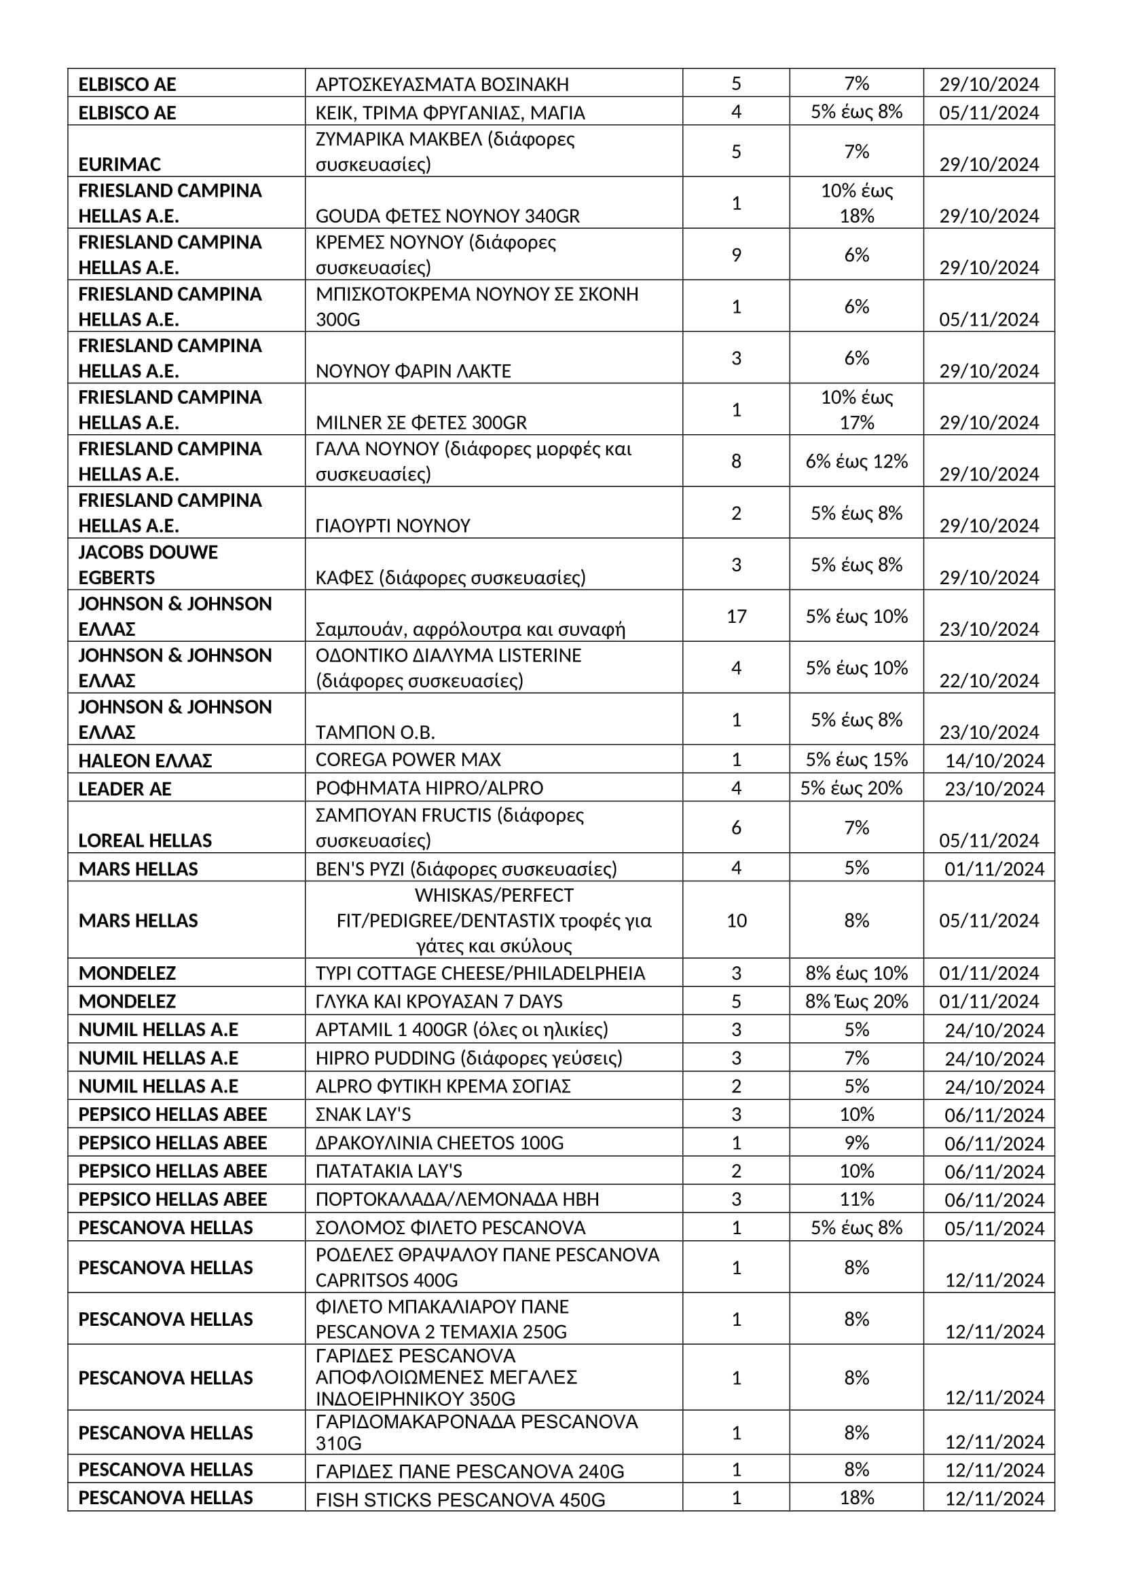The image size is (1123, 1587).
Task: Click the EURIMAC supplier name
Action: [x=119, y=164]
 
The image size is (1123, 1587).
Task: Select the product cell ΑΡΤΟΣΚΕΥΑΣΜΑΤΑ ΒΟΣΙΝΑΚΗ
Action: [x=442, y=84]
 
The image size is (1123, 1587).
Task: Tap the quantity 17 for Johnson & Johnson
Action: [x=736, y=616]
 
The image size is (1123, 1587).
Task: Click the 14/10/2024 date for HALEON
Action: [x=995, y=761]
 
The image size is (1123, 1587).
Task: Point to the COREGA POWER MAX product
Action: [x=408, y=760]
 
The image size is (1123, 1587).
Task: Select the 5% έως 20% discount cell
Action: [x=851, y=788]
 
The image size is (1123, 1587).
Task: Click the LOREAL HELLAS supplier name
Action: [x=145, y=841]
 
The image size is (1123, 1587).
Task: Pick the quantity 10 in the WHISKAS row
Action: [x=736, y=920]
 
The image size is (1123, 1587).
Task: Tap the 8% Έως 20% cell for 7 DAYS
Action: [x=856, y=1001]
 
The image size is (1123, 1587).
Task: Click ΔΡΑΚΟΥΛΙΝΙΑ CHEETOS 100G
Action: [x=439, y=1143]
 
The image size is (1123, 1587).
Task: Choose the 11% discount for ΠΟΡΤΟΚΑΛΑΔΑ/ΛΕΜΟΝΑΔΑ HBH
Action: [x=856, y=1198]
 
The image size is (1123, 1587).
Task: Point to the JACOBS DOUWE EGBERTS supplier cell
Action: [x=148, y=565]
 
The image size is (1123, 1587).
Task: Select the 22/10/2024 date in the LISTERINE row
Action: [x=989, y=681]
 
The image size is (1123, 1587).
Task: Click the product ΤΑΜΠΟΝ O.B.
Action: [x=375, y=732]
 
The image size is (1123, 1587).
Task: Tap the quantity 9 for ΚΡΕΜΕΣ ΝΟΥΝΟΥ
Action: [x=736, y=255]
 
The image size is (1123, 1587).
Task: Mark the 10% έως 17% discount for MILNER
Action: [x=856, y=409]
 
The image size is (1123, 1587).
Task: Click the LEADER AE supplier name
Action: [x=124, y=788]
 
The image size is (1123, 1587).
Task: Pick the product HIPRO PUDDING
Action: [x=469, y=1058]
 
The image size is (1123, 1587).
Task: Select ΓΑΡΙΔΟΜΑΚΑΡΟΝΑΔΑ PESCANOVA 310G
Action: [x=477, y=1432]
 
